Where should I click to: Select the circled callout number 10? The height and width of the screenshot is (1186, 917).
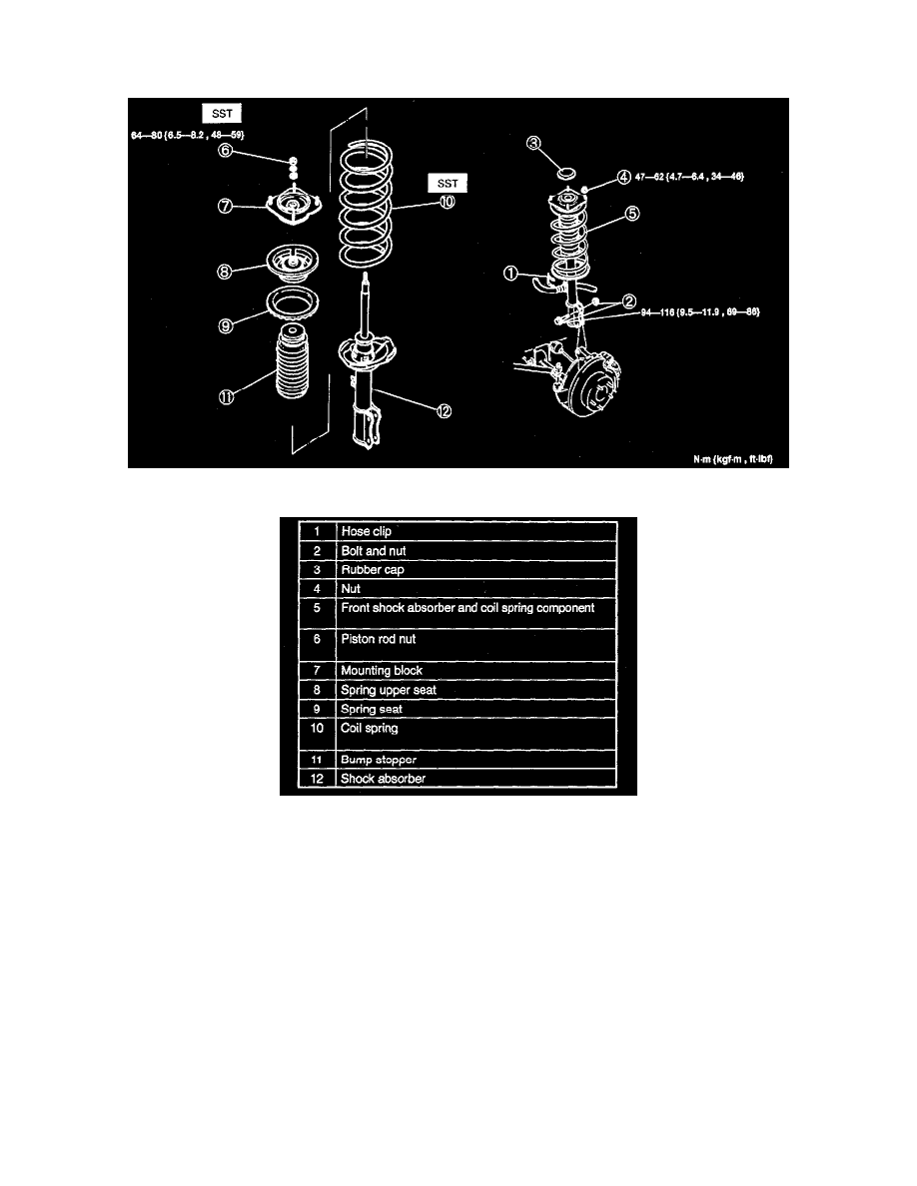pyautogui.click(x=445, y=201)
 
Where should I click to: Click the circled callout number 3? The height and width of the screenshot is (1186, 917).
pyautogui.click(x=535, y=145)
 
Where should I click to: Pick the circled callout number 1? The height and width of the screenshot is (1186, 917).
pyautogui.click(x=511, y=273)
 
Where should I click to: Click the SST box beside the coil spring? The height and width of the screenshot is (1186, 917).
pyautogui.click(x=448, y=183)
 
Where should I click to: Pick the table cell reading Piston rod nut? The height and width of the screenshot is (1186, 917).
pyautogui.click(x=380, y=639)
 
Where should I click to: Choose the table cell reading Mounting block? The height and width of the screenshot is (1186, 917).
pyautogui.click(x=382, y=671)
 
